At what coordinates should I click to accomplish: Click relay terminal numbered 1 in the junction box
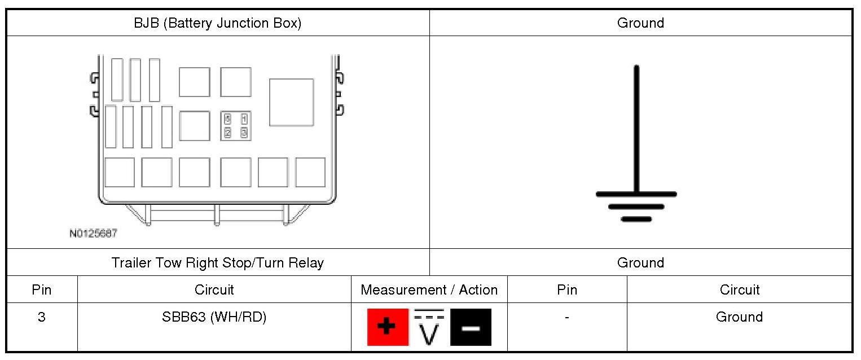pyautogui.click(x=244, y=119)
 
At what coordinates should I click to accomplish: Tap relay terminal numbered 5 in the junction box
pyautogui.click(x=228, y=119)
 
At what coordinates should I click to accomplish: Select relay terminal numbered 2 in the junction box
pyautogui.click(x=228, y=133)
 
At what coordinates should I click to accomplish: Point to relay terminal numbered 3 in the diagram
pyautogui.click(x=244, y=133)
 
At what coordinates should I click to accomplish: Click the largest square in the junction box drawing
pyautogui.click(x=291, y=102)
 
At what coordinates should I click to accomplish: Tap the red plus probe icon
pyautogui.click(x=388, y=327)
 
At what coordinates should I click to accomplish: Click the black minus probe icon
pyautogui.click(x=471, y=327)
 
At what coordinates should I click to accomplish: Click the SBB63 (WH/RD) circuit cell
pyautogui.click(x=214, y=317)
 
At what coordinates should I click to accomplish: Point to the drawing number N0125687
pyautogui.click(x=94, y=233)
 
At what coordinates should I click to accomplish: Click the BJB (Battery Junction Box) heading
pyautogui.click(x=217, y=23)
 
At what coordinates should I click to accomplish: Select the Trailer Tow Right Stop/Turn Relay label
pyautogui.click(x=217, y=262)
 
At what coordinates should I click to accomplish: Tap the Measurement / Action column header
pyautogui.click(x=429, y=289)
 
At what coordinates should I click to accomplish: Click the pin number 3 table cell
pyautogui.click(x=42, y=317)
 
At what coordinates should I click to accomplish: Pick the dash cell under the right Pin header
pyautogui.click(x=566, y=317)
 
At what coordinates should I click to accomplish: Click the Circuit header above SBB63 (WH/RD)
pyautogui.click(x=214, y=289)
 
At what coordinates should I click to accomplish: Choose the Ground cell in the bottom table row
pyautogui.click(x=739, y=317)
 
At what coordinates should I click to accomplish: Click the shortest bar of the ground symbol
pyautogui.click(x=636, y=219)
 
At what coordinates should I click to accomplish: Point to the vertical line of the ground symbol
pyautogui.click(x=636, y=130)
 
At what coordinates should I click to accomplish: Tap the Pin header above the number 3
pyautogui.click(x=42, y=289)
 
